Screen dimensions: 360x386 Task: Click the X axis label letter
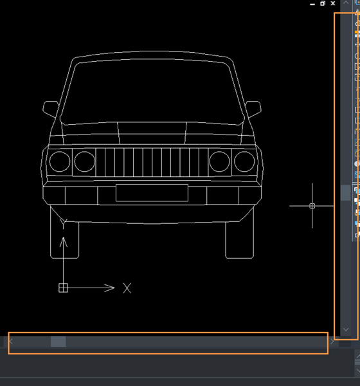[x=127, y=288]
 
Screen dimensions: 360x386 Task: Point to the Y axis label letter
[x=63, y=223]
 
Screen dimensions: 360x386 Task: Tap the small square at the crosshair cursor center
[x=312, y=206]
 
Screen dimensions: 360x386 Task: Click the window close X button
[x=333, y=3]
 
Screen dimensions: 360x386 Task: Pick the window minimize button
[x=312, y=5]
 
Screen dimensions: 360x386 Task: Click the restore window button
[x=323, y=3]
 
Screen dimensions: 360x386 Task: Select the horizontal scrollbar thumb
[x=59, y=342]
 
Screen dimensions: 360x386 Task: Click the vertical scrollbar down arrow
[x=346, y=329]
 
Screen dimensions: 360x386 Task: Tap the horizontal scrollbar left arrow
[x=11, y=342]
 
